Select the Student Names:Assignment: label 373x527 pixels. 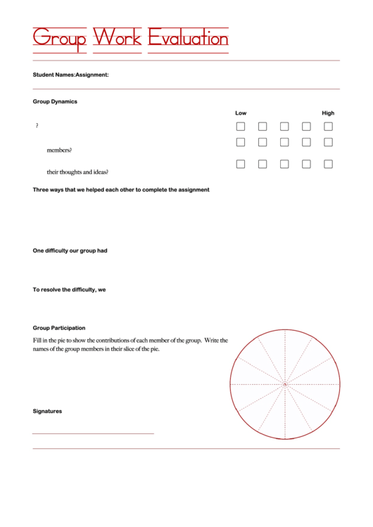[70, 75]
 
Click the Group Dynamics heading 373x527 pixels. [55, 101]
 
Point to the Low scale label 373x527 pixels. [241, 113]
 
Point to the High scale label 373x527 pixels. [328, 113]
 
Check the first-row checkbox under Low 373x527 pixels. [241, 127]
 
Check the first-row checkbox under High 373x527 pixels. [328, 127]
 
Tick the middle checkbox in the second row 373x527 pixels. [284, 142]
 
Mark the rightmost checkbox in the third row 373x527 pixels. [328, 164]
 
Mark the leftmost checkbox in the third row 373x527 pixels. [241, 164]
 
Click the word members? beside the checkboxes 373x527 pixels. [59, 150]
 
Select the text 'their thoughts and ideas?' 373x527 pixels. [77, 172]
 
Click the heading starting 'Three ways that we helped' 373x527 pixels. [121, 190]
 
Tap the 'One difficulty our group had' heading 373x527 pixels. [70, 250]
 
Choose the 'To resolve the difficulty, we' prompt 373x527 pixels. [69, 290]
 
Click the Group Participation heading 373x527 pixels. [59, 328]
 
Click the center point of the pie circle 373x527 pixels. [285, 385]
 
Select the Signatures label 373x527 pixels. [47, 411]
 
